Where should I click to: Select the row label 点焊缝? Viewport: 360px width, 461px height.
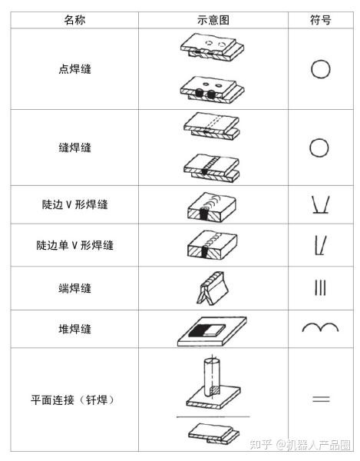coord(74,69)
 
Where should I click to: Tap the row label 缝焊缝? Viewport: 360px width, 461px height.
coord(74,148)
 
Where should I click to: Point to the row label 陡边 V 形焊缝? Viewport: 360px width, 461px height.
coord(74,204)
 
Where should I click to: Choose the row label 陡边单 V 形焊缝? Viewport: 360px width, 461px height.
coord(74,246)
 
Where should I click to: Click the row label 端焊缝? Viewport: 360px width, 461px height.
coord(74,288)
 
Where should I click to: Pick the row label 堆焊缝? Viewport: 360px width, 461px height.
coord(74,329)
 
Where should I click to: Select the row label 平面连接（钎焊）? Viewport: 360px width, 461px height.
coord(74,400)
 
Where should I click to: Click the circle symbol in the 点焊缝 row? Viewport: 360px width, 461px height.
coord(320,69)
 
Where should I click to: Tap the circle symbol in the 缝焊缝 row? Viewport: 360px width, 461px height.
coord(320,148)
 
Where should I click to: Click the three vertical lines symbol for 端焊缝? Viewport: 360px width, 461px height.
coord(320,288)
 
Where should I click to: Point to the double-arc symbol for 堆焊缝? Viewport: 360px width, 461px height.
coord(320,329)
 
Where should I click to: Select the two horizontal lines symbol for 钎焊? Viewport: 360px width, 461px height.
coord(320,399)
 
